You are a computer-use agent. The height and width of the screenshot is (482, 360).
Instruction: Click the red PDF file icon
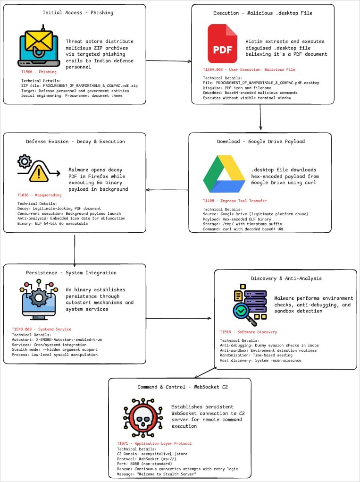tap(223, 45)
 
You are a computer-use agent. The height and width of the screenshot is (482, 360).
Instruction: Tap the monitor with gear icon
tap(39, 302)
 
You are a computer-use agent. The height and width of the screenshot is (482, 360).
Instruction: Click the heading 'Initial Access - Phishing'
tap(78, 12)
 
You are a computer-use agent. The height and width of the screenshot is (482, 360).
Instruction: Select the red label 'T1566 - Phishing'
tap(39, 72)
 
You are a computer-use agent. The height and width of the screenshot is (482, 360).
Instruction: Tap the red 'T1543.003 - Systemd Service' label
tap(42, 329)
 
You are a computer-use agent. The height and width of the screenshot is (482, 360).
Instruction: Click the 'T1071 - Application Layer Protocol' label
tap(154, 443)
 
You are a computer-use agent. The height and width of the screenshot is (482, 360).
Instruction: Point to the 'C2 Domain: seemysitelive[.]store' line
tap(152, 454)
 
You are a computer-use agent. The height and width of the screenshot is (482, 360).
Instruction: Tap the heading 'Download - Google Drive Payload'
tap(261, 141)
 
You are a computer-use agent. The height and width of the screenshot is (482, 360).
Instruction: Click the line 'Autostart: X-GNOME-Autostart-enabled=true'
tap(57, 339)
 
